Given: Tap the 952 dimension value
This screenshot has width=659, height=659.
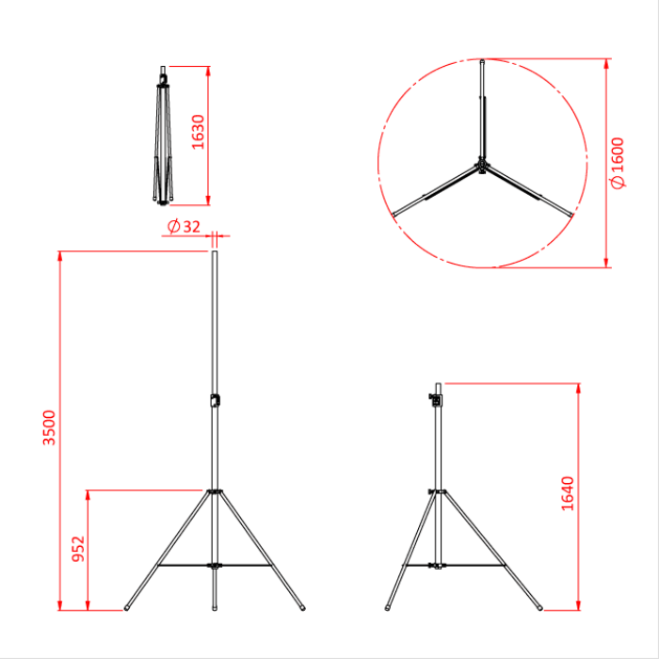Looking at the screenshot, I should (79, 549).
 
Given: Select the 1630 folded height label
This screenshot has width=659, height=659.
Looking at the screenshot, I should (198, 133).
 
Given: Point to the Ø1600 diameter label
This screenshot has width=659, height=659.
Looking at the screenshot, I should (617, 163).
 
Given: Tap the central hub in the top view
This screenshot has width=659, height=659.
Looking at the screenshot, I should (481, 169).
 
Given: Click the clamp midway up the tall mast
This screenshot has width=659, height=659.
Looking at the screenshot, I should (215, 400).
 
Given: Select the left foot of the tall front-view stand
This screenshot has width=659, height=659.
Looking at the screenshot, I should (128, 606).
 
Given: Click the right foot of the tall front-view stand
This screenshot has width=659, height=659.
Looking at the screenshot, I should (302, 606).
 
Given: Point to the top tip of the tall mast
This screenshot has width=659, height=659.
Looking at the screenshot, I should (215, 252).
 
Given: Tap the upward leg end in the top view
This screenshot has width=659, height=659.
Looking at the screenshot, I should (482, 65).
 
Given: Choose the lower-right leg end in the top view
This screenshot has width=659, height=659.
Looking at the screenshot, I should (571, 217).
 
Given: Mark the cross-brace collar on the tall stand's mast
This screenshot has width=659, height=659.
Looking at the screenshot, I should (215, 565).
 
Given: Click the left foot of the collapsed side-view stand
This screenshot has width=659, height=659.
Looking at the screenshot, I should (389, 606).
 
